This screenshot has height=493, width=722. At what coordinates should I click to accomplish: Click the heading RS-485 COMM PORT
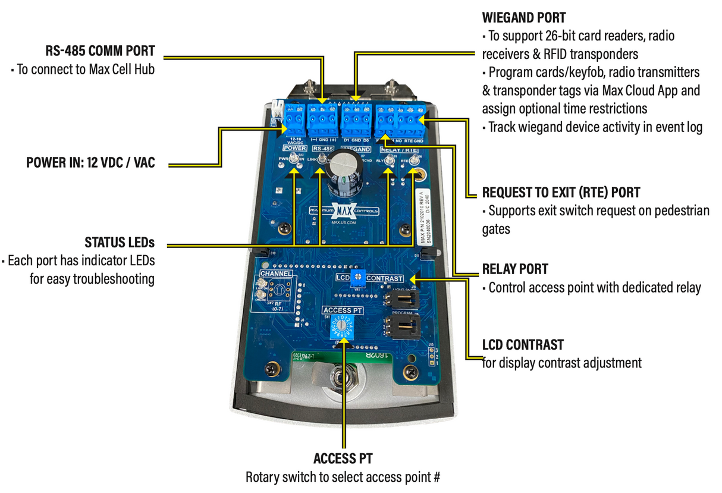point(100,51)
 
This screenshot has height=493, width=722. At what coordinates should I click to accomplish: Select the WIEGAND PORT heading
point(523,18)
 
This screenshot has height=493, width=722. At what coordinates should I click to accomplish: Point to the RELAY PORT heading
point(514,269)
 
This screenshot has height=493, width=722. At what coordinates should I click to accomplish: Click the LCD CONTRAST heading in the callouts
point(523,345)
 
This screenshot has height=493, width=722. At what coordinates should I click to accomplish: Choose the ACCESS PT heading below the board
point(343,459)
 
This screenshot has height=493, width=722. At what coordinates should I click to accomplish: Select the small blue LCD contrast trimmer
point(357,277)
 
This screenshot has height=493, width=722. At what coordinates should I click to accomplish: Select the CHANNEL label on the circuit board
point(276,274)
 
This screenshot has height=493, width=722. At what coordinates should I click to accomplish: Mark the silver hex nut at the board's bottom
point(342,381)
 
